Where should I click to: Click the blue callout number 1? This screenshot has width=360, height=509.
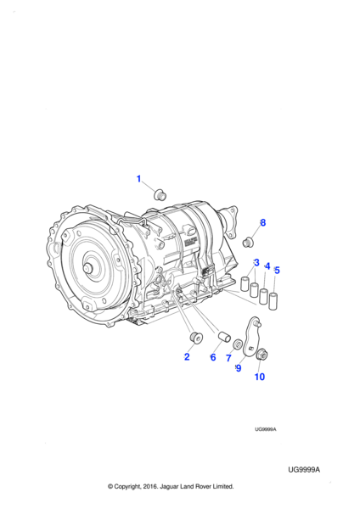point(138,179)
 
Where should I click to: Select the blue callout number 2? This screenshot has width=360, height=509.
point(187,357)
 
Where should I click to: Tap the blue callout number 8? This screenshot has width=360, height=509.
point(263,222)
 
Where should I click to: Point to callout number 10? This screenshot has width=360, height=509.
point(260,377)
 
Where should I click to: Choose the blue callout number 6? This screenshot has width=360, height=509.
point(213,357)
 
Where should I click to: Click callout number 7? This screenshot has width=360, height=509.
point(228,358)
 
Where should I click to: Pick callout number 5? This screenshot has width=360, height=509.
point(277,271)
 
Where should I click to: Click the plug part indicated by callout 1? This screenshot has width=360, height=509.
point(160,194)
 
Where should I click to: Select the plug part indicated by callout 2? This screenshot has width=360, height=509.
point(196,337)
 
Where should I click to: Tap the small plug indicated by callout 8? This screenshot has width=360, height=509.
point(248,242)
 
